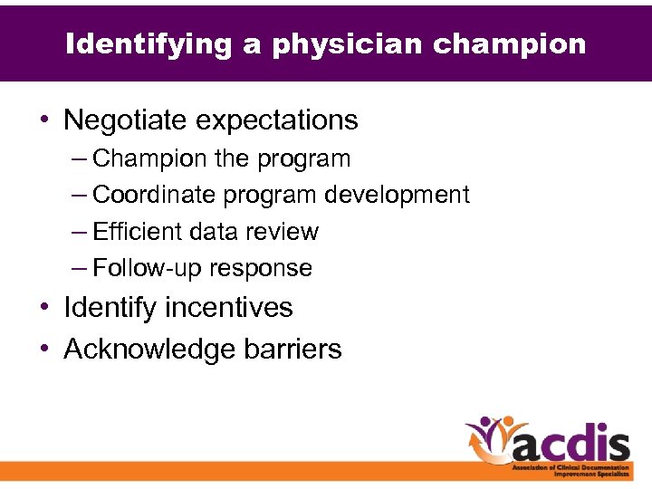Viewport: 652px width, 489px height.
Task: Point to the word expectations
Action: click(276, 120)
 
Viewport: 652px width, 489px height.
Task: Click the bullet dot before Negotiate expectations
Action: click(43, 120)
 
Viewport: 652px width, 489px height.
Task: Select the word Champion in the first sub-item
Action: click(150, 159)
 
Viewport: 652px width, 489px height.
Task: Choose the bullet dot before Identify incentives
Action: click(43, 308)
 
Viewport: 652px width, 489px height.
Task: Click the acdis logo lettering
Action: click(570, 443)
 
